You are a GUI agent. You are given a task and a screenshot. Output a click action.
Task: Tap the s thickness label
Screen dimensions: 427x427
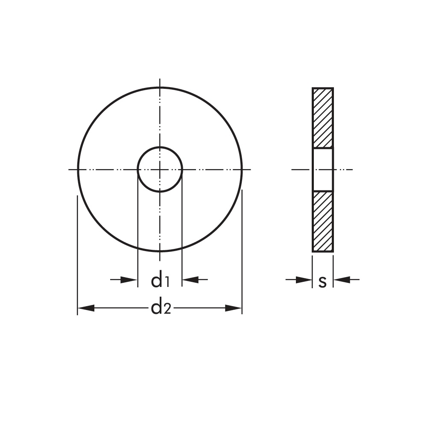(322, 282)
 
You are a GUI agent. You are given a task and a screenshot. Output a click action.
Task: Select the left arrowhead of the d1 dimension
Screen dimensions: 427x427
(129, 279)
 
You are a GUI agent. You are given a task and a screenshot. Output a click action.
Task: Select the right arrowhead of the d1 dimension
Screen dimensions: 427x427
(190, 279)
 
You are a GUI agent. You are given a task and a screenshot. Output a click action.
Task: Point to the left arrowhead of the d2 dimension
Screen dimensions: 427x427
(86, 308)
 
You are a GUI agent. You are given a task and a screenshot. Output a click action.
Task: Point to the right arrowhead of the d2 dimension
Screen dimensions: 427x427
(234, 308)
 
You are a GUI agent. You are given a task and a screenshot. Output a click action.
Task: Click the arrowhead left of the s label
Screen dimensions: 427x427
(304, 279)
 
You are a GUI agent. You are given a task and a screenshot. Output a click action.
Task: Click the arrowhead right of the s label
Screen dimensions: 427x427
(342, 279)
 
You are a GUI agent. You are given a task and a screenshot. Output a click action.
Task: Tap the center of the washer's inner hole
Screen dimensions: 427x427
(160, 170)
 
